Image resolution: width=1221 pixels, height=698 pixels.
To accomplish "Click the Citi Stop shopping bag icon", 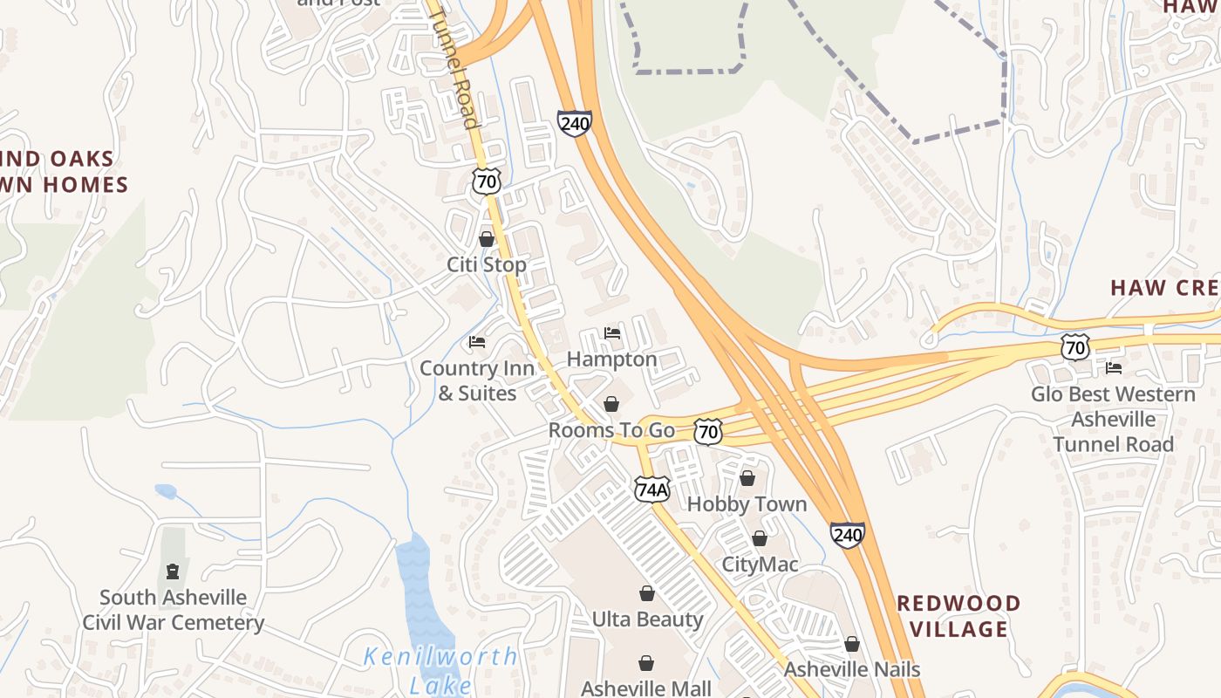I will point(487,239).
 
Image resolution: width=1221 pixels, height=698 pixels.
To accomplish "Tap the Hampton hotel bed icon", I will point(612,333).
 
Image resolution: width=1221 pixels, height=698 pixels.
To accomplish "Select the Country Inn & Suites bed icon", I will point(477,342).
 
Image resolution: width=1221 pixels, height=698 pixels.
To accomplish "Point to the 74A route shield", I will point(651,489).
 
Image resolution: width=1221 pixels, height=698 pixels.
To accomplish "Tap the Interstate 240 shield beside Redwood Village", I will point(847,534).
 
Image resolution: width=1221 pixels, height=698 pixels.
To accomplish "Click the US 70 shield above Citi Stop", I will point(487,181).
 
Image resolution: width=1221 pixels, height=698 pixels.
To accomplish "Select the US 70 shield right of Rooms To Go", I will point(708,430).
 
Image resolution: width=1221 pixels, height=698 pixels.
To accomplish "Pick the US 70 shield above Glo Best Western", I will point(1075,347).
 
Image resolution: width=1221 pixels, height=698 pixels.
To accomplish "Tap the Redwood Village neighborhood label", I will point(958,616).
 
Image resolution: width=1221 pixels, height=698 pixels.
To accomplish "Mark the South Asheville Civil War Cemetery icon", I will point(173,571).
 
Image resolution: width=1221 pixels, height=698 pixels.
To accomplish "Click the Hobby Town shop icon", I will point(747,478).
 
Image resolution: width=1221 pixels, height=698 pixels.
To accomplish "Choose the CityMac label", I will point(760,565).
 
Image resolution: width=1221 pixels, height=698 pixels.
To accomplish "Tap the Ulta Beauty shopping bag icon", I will point(647,594).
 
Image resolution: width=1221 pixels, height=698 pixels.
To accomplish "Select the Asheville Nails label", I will point(852,669).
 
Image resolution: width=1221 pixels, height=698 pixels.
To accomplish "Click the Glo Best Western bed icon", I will point(1114,368).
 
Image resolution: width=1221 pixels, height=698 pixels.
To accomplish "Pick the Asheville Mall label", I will point(646,688).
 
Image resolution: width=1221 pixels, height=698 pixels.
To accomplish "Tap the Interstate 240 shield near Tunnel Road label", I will point(575,123).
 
